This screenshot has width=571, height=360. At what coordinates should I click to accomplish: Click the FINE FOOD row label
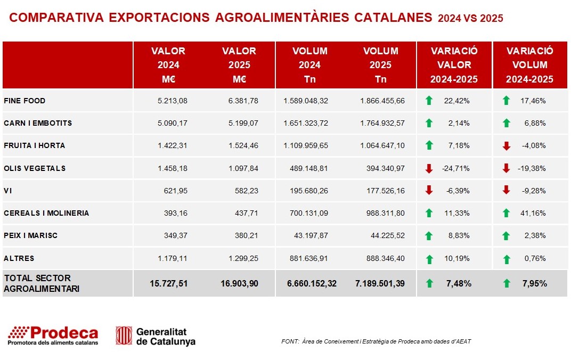click(25, 101)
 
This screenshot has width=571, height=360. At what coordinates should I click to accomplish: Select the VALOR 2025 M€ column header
click(239, 65)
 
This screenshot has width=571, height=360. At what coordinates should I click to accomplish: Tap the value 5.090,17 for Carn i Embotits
click(173, 123)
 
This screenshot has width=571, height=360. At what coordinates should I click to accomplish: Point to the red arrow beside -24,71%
click(429, 168)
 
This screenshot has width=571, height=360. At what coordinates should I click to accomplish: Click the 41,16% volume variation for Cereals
click(533, 213)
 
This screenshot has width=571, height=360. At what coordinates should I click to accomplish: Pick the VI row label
click(8, 191)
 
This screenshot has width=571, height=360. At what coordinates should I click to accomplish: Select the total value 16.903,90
click(239, 283)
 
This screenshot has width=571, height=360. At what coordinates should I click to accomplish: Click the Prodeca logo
click(53, 336)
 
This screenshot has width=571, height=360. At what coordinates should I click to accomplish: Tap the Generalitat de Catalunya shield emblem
click(124, 336)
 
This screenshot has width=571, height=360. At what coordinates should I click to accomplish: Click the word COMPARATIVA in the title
click(56, 18)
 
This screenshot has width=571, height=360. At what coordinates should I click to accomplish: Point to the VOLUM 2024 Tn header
click(310, 65)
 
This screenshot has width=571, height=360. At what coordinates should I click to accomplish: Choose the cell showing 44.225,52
click(388, 235)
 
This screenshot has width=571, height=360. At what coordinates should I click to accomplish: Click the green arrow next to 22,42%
click(429, 100)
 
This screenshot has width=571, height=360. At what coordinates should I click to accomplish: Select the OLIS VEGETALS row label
click(35, 168)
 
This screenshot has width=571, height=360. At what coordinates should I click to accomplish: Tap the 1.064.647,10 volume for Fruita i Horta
click(382, 145)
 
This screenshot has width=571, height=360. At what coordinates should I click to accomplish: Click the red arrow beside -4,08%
click(506, 145)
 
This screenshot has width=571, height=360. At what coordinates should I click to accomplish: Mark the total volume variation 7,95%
click(535, 283)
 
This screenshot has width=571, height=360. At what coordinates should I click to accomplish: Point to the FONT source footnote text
click(376, 341)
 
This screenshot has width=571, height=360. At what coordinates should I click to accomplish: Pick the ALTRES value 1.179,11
click(173, 258)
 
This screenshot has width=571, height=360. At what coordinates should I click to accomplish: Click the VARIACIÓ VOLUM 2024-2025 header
click(530, 65)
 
